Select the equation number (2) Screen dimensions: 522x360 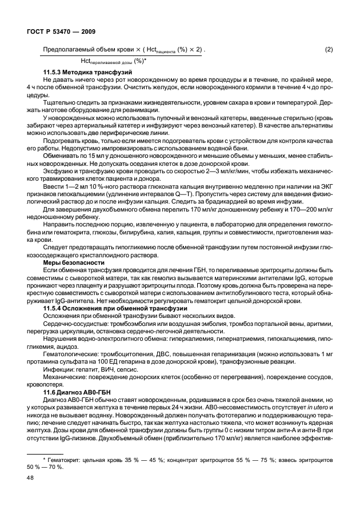pos(329,50)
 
